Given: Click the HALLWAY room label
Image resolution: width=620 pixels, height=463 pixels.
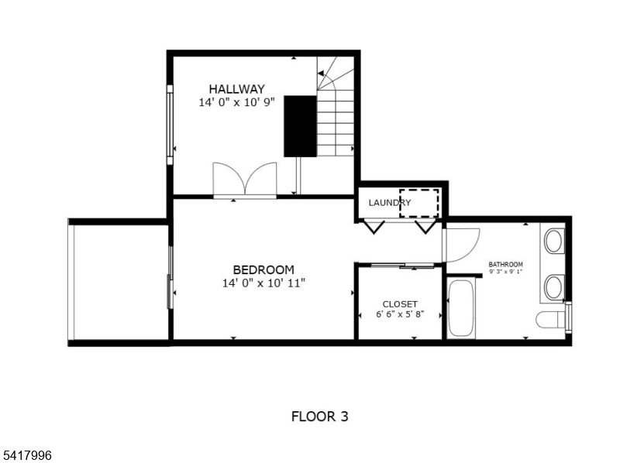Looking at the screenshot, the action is click(236, 89).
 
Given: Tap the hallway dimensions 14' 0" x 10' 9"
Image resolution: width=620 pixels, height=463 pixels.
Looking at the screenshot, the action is click(236, 102).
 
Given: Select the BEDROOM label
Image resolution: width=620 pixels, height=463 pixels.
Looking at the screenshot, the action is click(263, 269).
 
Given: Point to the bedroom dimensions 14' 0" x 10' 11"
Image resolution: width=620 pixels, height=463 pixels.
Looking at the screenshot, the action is click(263, 283).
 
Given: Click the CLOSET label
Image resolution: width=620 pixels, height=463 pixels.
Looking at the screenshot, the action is click(400, 304).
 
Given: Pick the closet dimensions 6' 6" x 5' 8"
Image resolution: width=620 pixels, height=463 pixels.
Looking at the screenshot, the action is click(400, 314).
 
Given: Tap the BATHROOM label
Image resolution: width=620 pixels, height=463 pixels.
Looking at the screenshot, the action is click(506, 264).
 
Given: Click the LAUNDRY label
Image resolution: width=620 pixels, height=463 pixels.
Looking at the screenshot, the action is click(390, 203).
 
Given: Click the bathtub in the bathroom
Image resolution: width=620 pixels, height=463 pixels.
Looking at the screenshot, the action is click(461, 309).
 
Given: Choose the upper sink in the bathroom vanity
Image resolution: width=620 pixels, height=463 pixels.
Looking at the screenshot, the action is click(554, 241).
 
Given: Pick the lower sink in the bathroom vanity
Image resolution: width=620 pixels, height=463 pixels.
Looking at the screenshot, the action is click(554, 287).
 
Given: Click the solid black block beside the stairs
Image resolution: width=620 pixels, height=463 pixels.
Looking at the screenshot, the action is click(300, 126).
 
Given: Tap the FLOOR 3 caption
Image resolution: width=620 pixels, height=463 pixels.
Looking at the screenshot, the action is click(319, 417).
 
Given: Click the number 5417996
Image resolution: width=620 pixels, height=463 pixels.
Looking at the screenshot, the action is click(26, 455).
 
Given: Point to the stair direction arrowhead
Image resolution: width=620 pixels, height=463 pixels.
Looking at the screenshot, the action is click(321, 73).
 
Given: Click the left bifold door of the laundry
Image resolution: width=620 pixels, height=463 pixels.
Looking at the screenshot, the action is click(374, 227).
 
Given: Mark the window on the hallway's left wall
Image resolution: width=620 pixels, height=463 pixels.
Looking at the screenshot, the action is click(170, 125).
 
